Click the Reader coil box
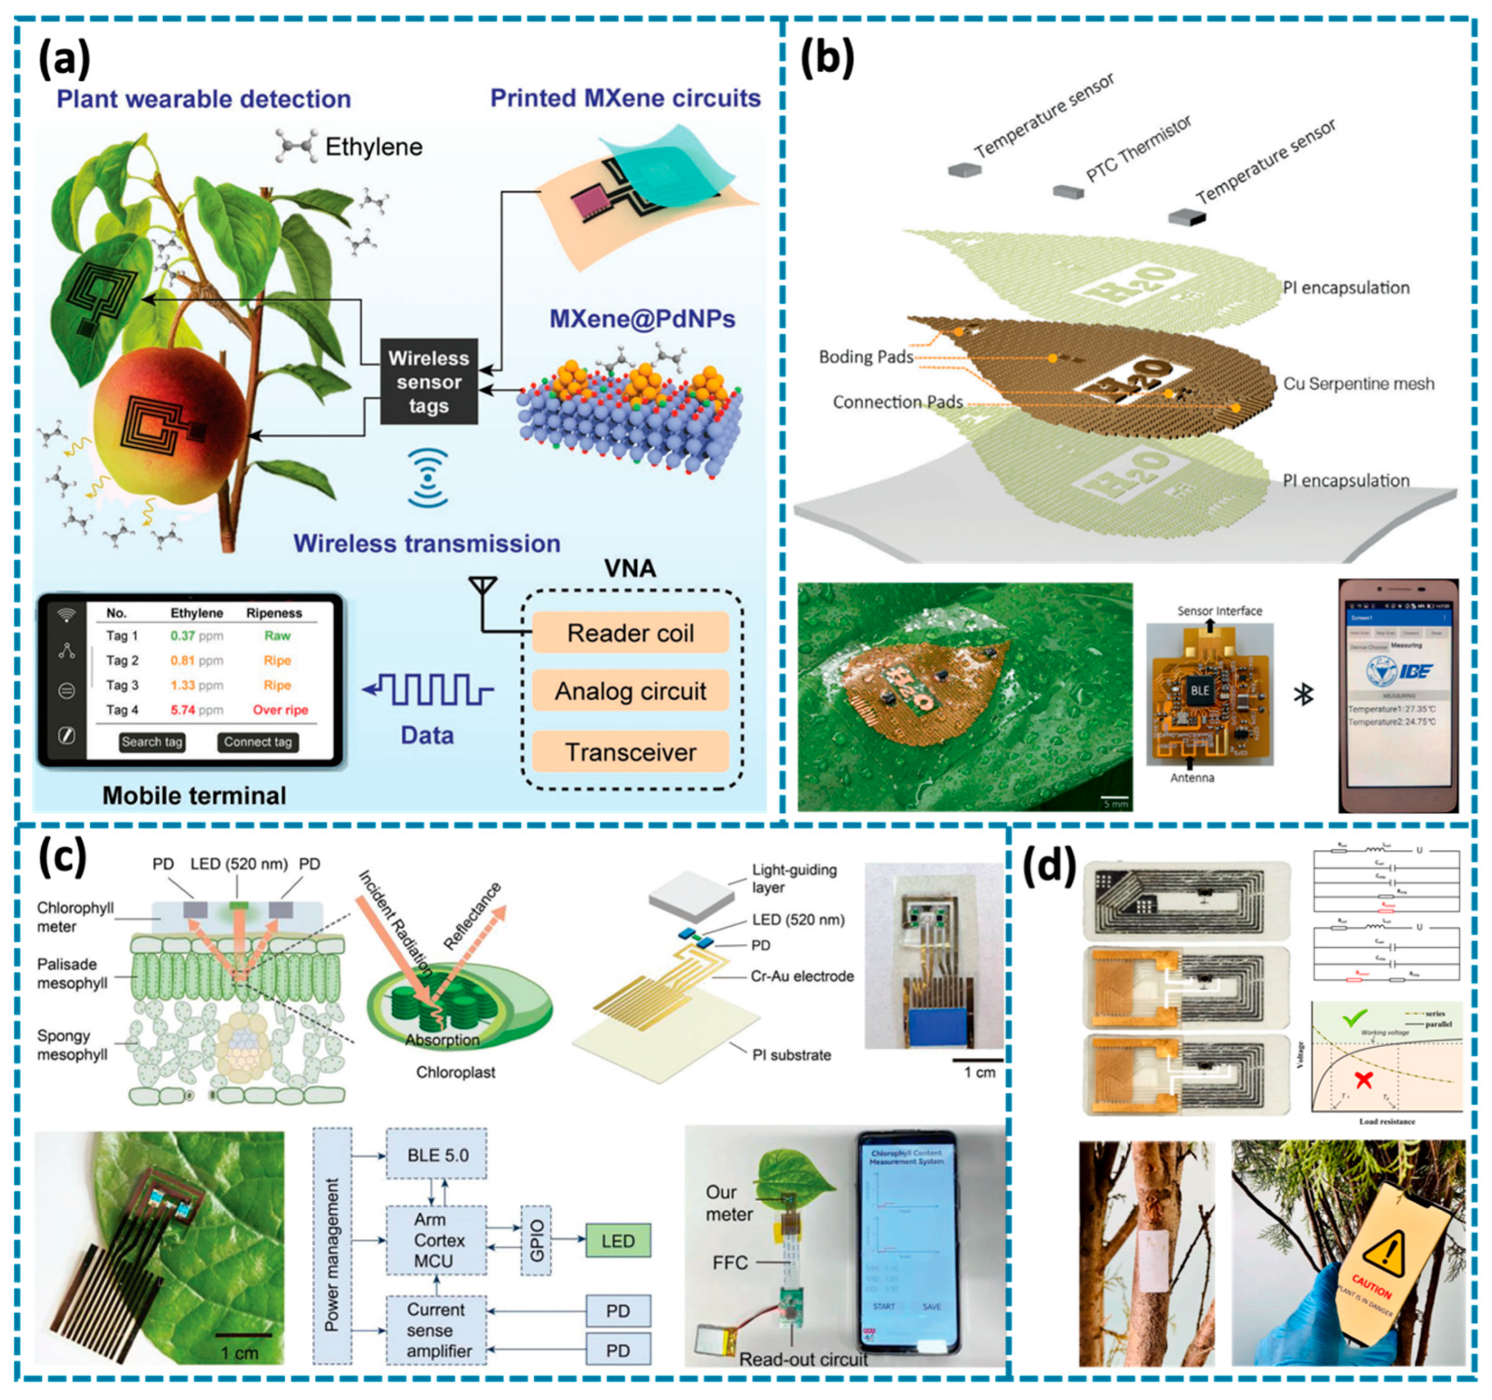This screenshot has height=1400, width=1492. pos(630,632)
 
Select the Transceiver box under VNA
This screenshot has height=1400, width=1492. pos(630,752)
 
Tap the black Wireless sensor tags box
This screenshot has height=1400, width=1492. pos(428,382)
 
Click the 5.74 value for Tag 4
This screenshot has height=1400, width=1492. pos(182,710)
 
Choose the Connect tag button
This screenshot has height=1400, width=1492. pos(258,742)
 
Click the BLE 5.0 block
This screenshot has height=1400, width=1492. pos(437,1156)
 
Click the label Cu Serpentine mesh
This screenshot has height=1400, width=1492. pos(1358,384)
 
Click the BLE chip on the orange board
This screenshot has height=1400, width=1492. pos(1199,690)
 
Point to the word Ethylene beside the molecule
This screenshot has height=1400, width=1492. pos(374,147)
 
